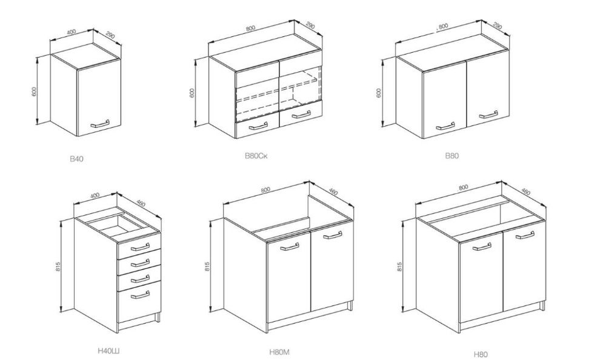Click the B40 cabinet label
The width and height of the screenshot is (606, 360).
tap(76, 159)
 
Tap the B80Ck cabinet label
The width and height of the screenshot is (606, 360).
tap(256, 156)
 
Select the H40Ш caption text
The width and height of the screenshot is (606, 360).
tap(108, 351)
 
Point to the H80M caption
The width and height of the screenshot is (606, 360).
tap(279, 352)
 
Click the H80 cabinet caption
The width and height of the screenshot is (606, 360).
tap(481, 354)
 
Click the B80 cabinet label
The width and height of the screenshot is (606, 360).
tap(452, 156)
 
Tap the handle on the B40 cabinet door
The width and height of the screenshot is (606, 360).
tap(101, 124)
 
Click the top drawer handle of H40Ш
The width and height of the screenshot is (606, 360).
tap(140, 247)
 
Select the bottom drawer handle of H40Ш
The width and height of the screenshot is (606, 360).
tap(140, 295)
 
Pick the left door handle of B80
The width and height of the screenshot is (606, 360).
tap(445, 127)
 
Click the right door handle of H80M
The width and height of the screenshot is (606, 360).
tap(333, 235)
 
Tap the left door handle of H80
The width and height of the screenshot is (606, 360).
tap(482, 246)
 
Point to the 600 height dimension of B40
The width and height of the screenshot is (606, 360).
tap(35, 92)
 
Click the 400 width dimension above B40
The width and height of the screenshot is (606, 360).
tap(72, 32)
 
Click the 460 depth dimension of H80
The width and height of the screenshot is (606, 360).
tap(525, 192)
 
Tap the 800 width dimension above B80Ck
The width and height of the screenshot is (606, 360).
tap(250, 28)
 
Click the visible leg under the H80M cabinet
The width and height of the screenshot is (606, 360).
tap(350, 306)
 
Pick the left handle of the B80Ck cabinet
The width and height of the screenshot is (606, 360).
tap(258, 125)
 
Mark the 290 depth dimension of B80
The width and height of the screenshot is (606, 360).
tap(498, 26)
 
